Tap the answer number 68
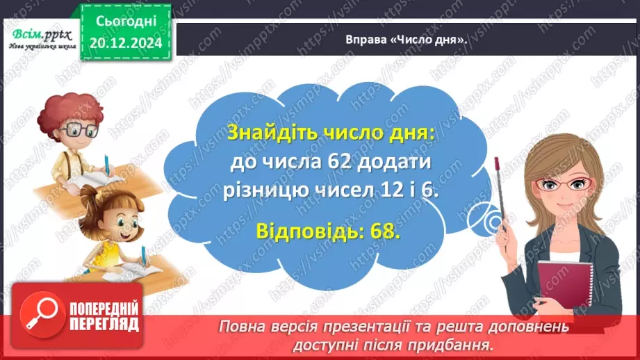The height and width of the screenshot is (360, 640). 386,229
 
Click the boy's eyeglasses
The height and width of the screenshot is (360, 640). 78,131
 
